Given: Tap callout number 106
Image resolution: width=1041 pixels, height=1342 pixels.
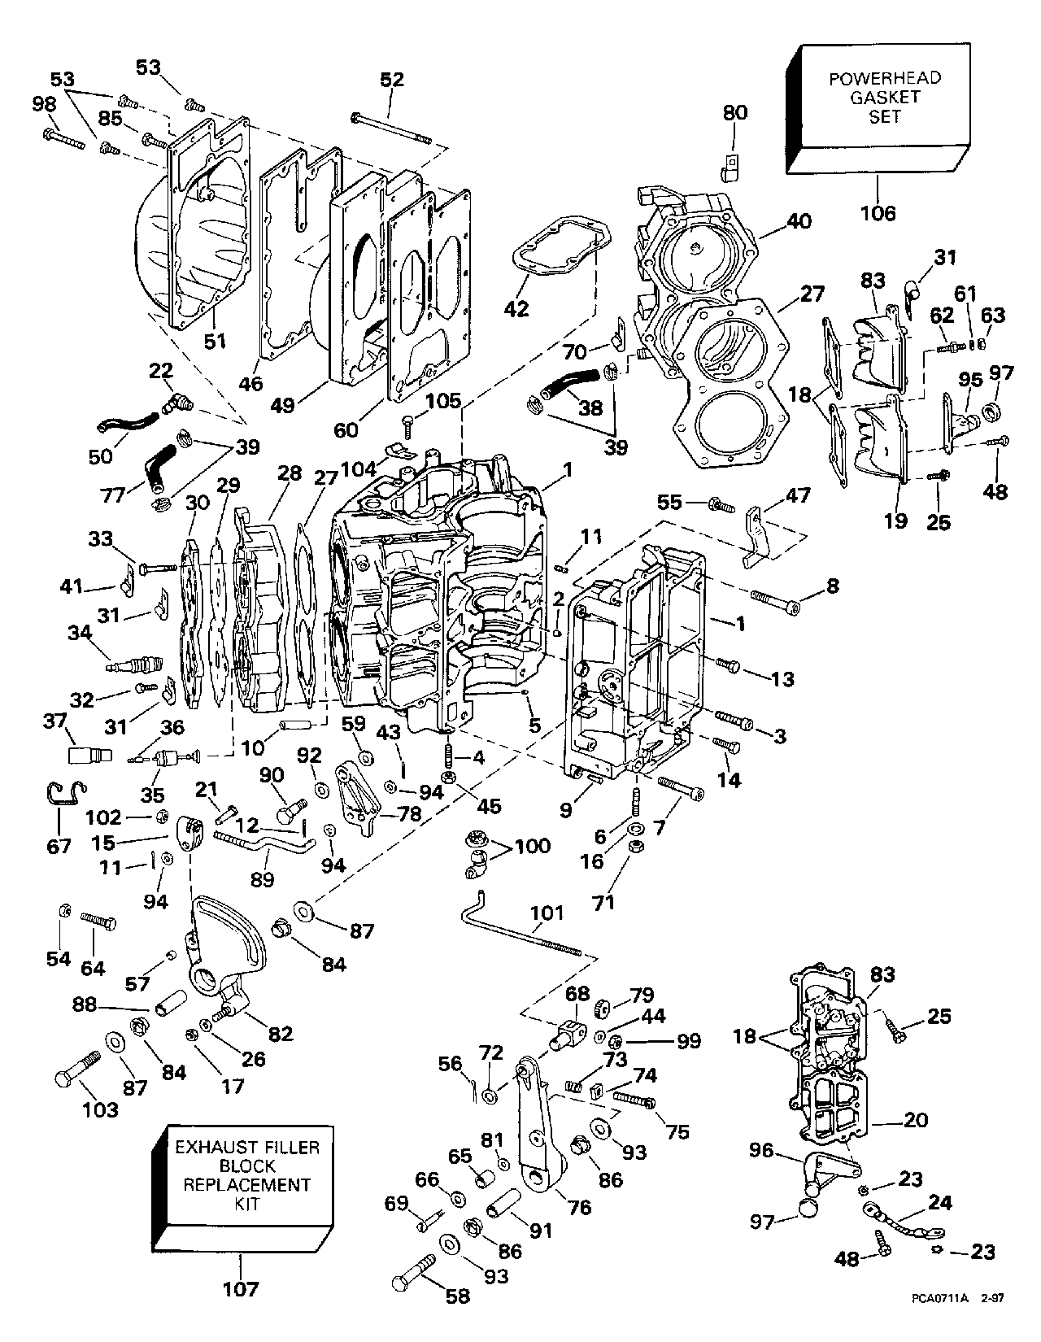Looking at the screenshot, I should click(878, 213).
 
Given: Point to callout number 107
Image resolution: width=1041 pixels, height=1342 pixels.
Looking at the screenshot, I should click(241, 1288).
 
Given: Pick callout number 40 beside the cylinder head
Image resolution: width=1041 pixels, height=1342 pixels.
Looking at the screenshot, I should click(799, 222).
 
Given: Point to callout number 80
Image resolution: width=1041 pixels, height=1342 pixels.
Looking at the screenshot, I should click(734, 111).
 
